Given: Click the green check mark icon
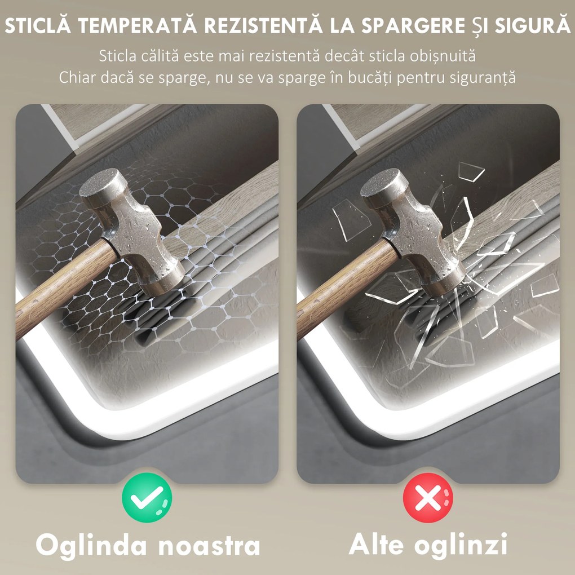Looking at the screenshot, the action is point(147,497).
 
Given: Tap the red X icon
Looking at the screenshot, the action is point(428,497).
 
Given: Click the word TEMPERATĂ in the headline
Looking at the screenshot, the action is point(138,26).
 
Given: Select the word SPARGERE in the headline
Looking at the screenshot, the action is point(413,26).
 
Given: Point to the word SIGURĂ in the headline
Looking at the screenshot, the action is point(533,26).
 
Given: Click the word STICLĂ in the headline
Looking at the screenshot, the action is point(38,26).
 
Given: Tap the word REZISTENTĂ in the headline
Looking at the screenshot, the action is point(263,26).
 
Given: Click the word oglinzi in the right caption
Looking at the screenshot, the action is point(461,545).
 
